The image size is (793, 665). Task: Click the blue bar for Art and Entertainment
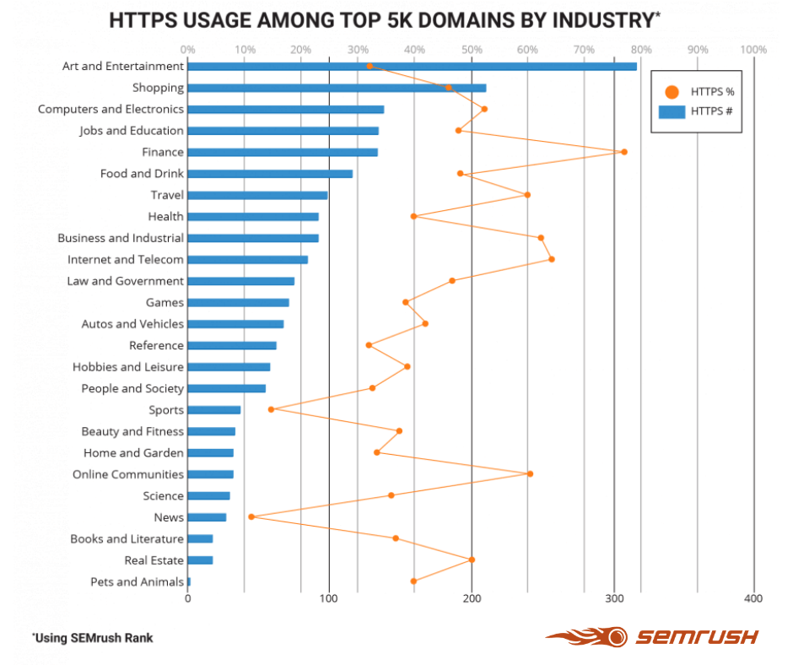[412, 66]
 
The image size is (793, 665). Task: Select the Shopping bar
[337, 88]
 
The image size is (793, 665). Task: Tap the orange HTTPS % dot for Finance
[623, 152]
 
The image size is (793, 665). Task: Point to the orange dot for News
[251, 516]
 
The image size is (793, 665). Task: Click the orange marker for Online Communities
[530, 473]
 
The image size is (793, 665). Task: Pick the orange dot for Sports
[271, 409]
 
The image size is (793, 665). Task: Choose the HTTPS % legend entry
[697, 92]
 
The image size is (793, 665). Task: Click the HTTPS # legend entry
[697, 111]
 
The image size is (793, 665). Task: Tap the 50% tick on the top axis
[472, 50]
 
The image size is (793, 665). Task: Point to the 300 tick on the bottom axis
[613, 598]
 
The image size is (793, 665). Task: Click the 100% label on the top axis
[753, 50]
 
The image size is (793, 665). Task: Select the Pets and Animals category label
[137, 581]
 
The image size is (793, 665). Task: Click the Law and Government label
[125, 281]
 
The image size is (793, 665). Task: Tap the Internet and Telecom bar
[247, 260]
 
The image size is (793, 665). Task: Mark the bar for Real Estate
[200, 560]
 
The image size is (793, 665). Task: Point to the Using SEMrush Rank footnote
[93, 638]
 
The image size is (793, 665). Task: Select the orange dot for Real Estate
[472, 560]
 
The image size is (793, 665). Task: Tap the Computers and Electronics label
[111, 109]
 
